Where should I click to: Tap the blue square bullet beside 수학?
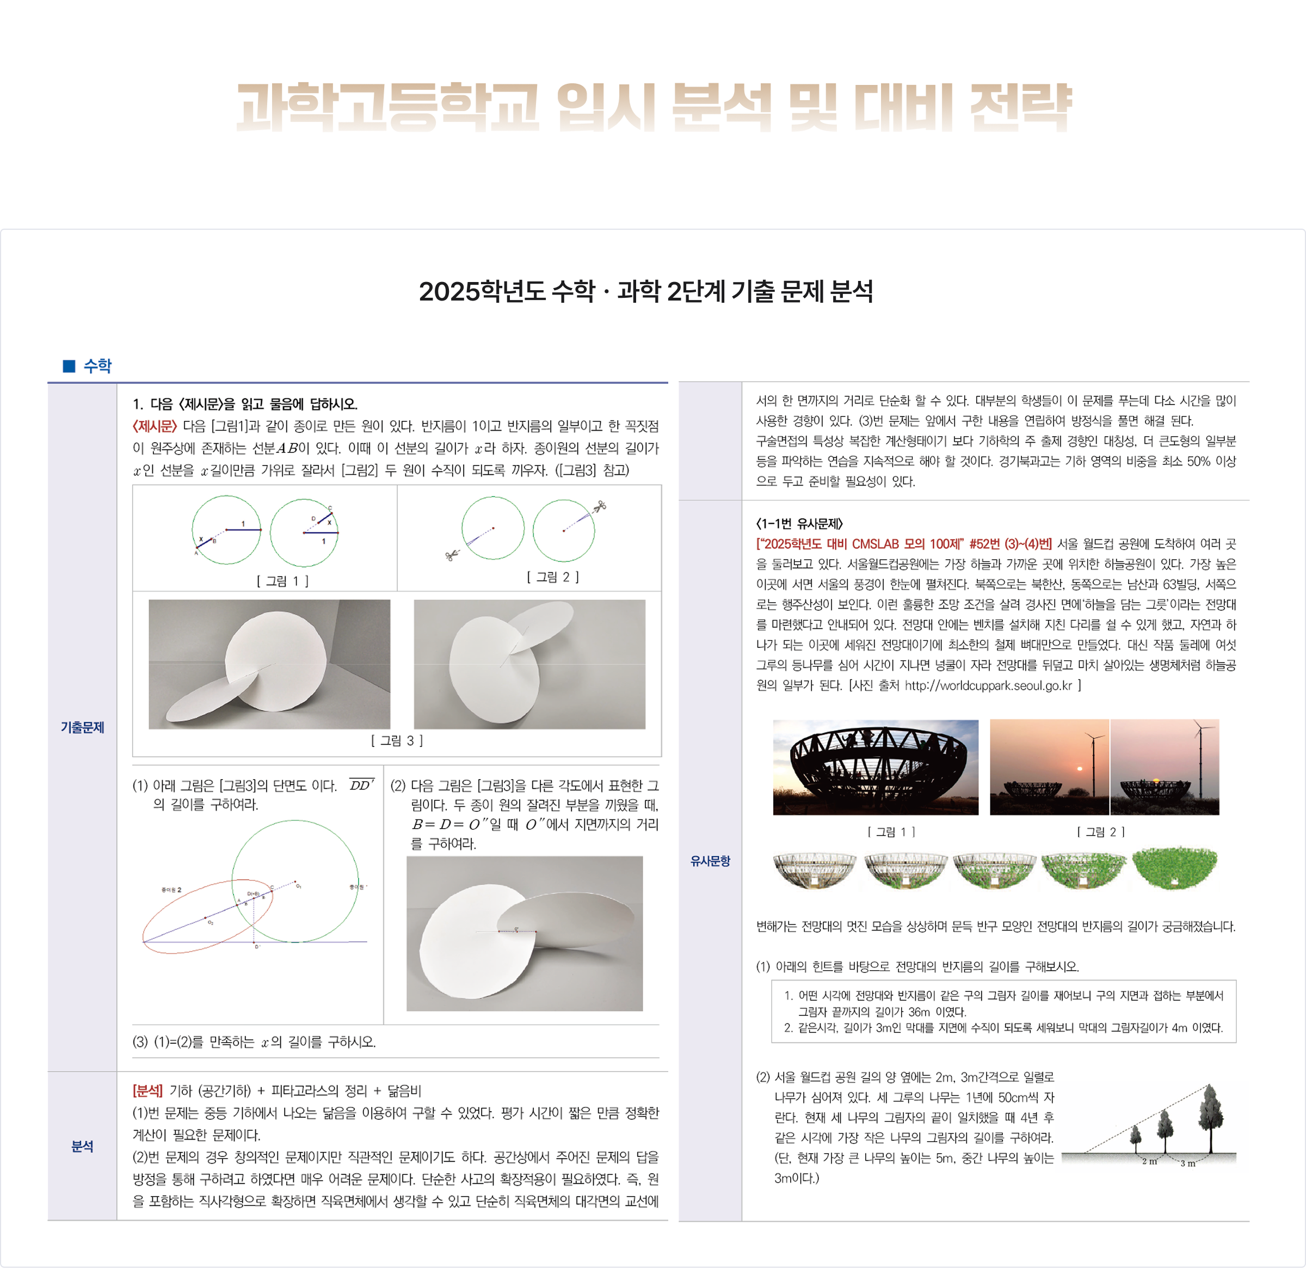(x=69, y=366)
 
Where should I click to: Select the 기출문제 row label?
(x=83, y=727)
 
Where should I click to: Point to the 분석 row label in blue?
(x=83, y=1146)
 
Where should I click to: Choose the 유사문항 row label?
(x=710, y=861)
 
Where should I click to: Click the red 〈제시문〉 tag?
(x=155, y=426)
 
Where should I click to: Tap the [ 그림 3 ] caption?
(x=397, y=740)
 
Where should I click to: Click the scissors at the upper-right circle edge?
(x=600, y=507)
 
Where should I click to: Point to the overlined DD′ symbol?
(x=362, y=785)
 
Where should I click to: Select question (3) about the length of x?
(x=255, y=1042)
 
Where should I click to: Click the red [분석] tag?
(x=147, y=1091)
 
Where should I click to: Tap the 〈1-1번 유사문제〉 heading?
(x=799, y=523)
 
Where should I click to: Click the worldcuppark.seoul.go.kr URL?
(x=988, y=685)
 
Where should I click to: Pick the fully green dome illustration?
(x=1175, y=868)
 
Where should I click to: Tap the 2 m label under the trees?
(x=1149, y=1161)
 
